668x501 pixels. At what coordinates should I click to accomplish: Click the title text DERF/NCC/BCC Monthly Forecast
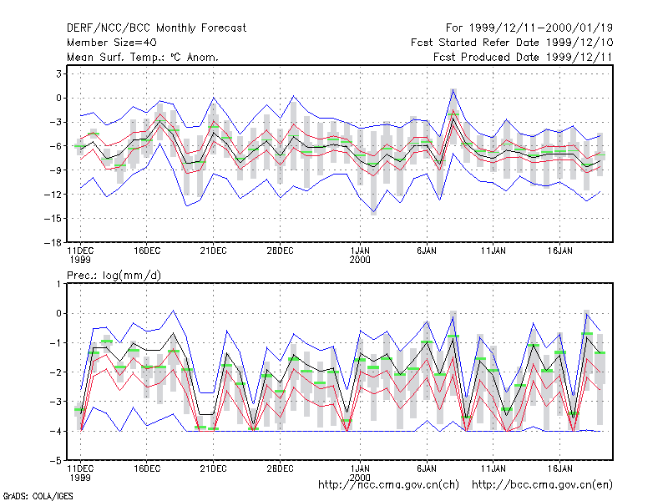click(156, 28)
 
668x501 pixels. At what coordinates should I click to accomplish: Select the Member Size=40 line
click(112, 43)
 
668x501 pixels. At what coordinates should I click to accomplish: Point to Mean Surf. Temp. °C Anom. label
click(143, 57)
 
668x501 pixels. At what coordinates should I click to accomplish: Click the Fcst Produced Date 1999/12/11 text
click(523, 57)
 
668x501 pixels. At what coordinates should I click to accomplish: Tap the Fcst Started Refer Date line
click(512, 43)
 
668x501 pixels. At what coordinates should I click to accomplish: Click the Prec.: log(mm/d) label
click(114, 276)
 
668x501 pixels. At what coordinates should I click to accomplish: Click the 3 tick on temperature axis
click(58, 73)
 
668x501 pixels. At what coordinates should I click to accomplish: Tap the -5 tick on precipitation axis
click(55, 461)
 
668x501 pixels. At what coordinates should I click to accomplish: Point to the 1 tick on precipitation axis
click(58, 284)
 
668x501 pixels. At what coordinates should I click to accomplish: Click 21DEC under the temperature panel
click(213, 251)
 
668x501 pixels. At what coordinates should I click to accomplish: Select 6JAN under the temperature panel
click(427, 251)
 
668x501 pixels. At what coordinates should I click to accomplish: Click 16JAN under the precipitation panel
click(559, 468)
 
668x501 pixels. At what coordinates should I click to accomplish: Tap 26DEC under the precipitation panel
click(280, 468)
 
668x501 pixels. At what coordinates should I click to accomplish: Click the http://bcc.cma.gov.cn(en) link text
click(542, 485)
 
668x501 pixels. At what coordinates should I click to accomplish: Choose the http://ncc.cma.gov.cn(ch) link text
click(388, 485)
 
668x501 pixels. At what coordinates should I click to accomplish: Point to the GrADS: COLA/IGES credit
click(38, 496)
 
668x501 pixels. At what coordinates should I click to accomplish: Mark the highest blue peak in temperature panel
click(453, 89)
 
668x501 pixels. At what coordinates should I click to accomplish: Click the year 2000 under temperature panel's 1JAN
click(360, 260)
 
